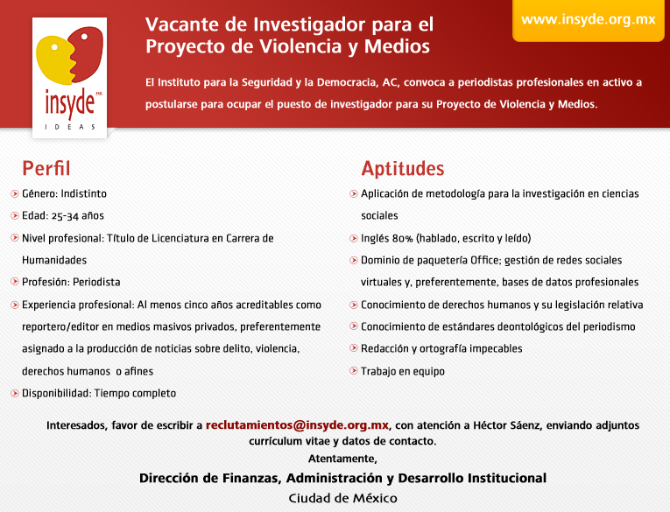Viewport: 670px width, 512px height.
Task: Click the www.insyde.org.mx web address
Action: pyautogui.click(x=588, y=19)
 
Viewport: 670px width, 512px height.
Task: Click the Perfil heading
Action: pyautogui.click(x=46, y=169)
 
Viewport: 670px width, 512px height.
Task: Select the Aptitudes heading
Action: pyautogui.click(x=402, y=169)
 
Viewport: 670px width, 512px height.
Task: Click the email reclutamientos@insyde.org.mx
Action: pyautogui.click(x=297, y=425)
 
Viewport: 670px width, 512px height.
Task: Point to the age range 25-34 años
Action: pyautogui.click(x=74, y=215)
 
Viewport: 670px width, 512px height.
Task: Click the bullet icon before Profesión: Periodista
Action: pyautogui.click(x=14, y=282)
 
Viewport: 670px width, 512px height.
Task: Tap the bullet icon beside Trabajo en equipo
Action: pyautogui.click(x=353, y=371)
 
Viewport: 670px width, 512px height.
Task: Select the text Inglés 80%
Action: pyautogui.click(x=389, y=238)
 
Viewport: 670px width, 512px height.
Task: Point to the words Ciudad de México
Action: pyautogui.click(x=342, y=498)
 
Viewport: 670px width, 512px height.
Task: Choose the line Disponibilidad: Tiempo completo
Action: pyautogui.click(x=99, y=393)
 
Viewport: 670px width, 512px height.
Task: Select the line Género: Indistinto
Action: pyautogui.click(x=64, y=193)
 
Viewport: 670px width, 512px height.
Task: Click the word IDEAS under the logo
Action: pyautogui.click(x=70, y=128)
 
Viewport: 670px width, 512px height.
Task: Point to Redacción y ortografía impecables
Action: pyautogui.click(x=441, y=348)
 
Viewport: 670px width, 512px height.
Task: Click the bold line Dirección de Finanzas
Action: pyautogui.click(x=342, y=478)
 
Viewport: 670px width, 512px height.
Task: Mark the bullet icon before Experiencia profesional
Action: pyautogui.click(x=14, y=305)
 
